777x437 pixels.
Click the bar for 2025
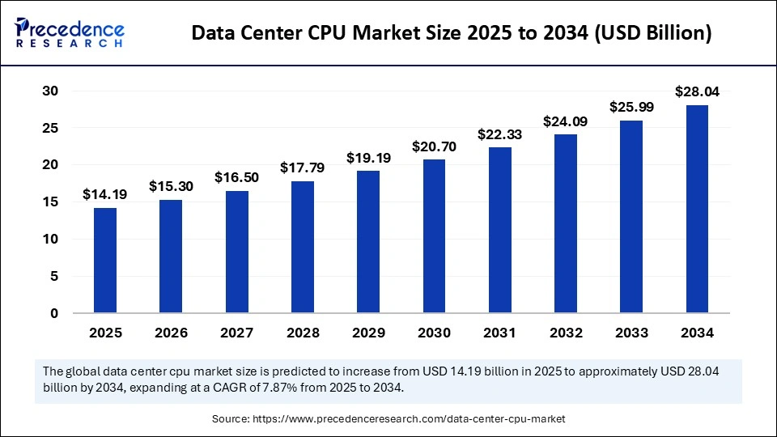pos(105,260)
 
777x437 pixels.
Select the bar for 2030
pos(434,235)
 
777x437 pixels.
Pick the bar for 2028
pos(302,247)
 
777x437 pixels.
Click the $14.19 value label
pos(104,194)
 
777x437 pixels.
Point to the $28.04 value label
pos(697,91)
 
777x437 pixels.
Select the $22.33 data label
pos(499,134)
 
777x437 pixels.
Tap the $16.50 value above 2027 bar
pos(236,177)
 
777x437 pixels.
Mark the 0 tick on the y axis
pos(53,313)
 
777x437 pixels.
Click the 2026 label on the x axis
pos(171,333)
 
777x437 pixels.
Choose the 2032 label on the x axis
pos(566,333)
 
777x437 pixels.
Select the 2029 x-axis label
pos(368,333)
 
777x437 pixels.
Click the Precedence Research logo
pos(70,32)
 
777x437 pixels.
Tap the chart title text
pos(452,33)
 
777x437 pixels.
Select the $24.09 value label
pos(566,121)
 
